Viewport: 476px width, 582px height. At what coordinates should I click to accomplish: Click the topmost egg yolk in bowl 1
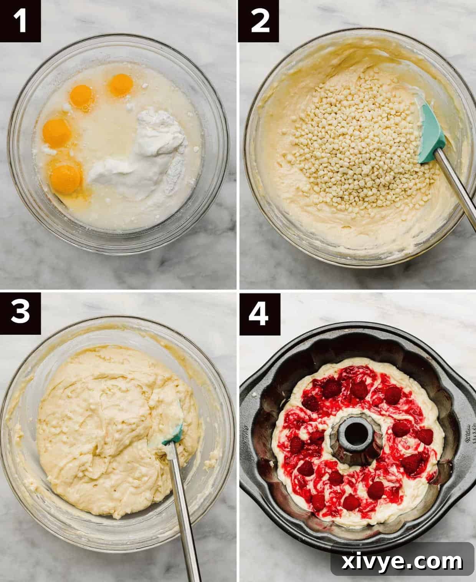click(x=121, y=85)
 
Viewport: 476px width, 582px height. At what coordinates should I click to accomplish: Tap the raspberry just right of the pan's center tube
click(x=401, y=429)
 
